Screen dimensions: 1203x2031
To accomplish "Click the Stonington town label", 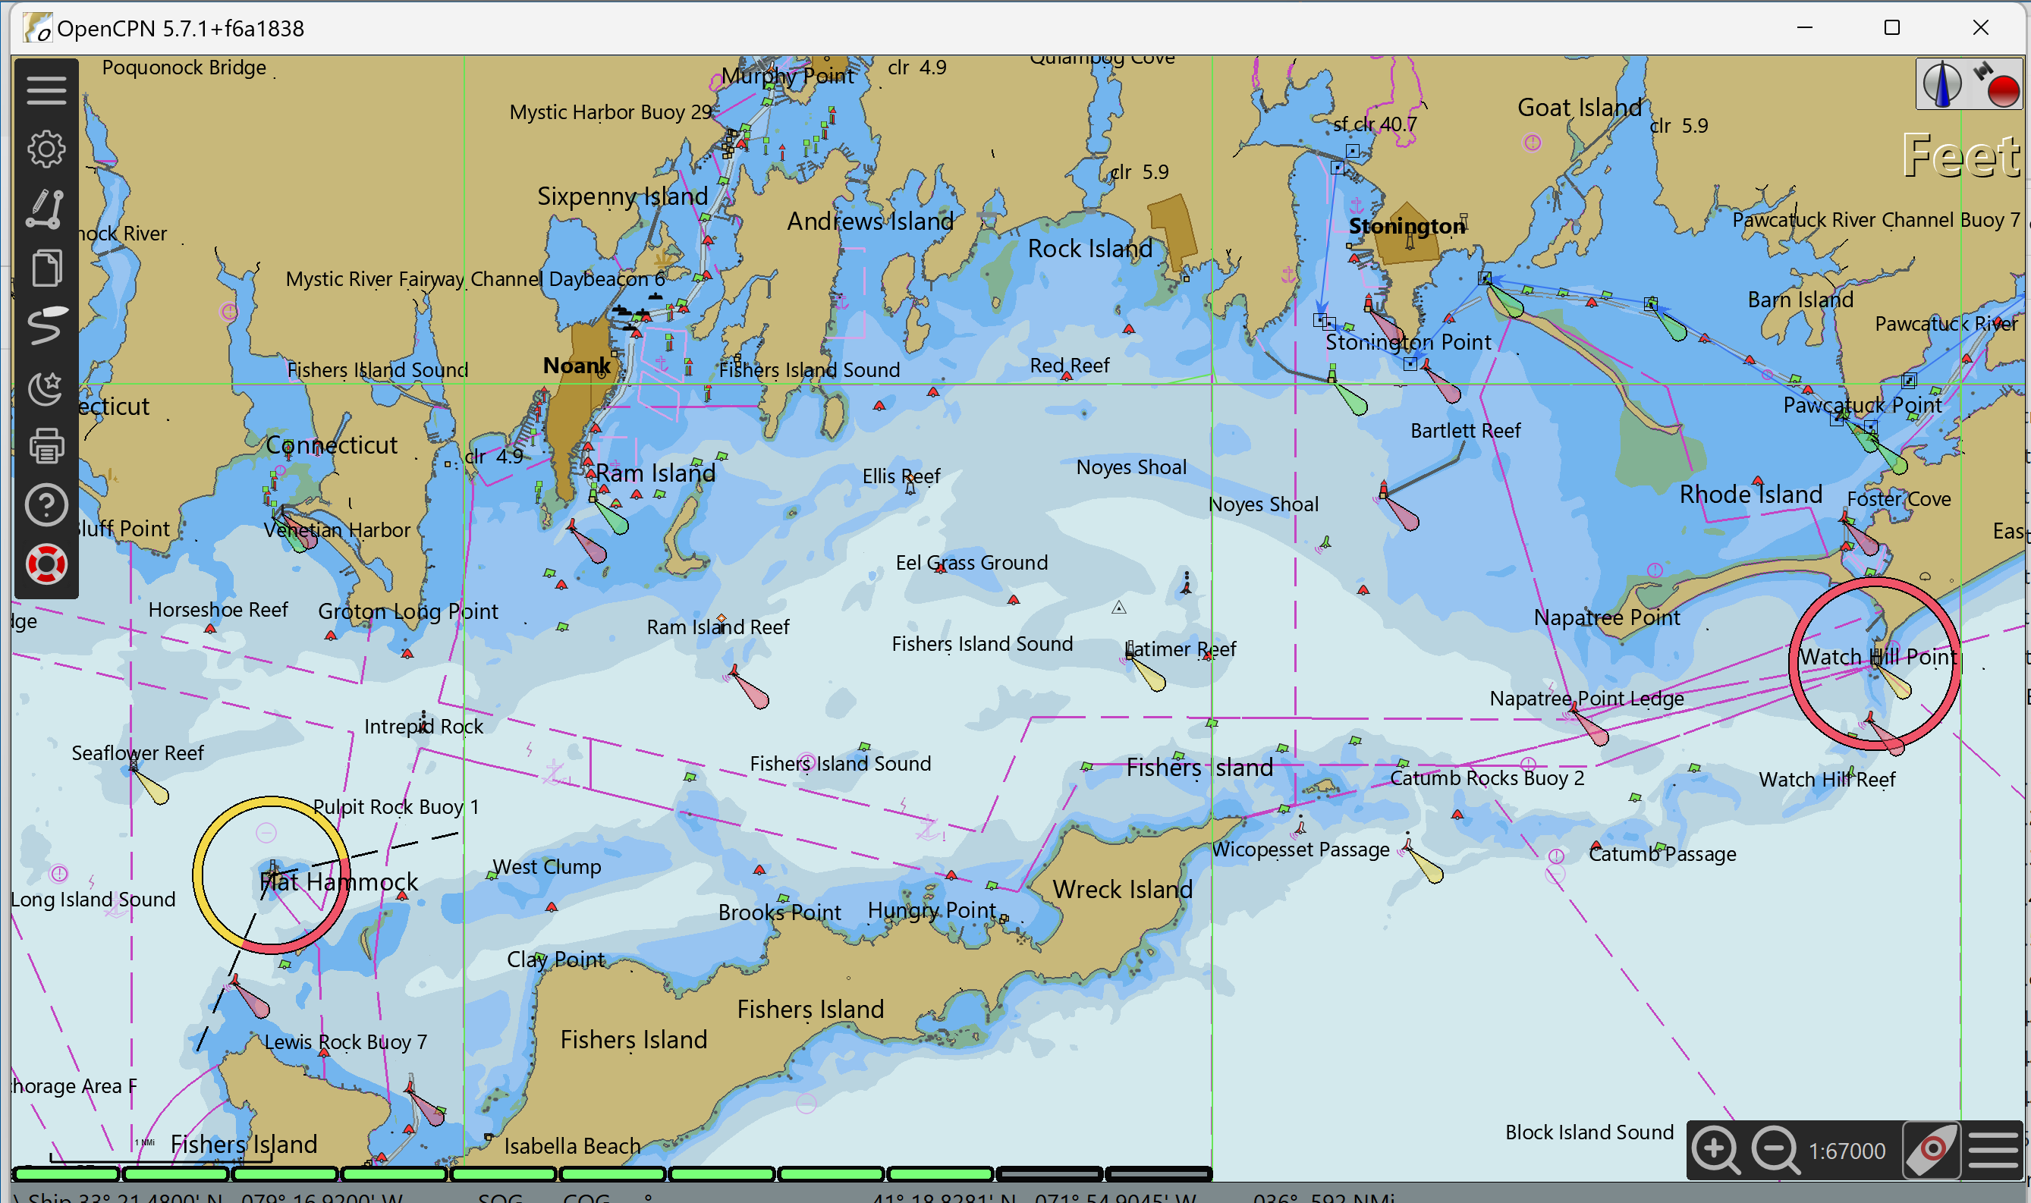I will point(1406,226).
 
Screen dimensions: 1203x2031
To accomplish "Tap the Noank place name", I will point(577,366).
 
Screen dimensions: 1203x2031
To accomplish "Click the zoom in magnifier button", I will point(1715,1149).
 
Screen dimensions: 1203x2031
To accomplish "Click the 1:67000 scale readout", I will point(1846,1151).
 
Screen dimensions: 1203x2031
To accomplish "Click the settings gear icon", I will point(46,149).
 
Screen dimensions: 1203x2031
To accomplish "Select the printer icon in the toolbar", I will point(46,446).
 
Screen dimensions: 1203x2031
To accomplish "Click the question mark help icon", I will point(46,505).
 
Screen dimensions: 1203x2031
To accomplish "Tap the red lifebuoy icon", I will point(46,564).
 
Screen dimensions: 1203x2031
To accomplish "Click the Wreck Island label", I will point(1122,889).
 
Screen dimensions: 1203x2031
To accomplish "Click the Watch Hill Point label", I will point(1877,657).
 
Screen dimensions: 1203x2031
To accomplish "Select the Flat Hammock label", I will point(338,882).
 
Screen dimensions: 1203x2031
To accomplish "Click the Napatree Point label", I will point(1606,617).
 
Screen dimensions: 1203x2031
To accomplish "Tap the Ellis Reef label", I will point(901,476).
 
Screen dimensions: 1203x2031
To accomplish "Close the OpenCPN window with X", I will point(1980,27).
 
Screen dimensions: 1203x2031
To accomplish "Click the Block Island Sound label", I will point(1589,1132).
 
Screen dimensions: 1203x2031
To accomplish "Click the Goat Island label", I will point(1579,107).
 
